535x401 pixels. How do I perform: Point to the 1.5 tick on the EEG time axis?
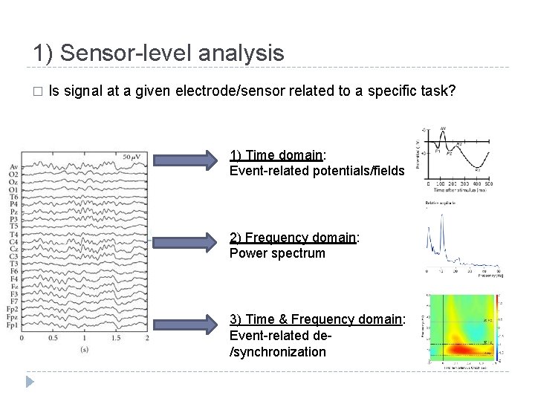pyautogui.click(x=116, y=339)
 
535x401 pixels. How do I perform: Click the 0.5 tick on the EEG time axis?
pyautogui.click(x=53, y=339)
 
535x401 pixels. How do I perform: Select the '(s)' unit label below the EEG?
pyautogui.click(x=85, y=349)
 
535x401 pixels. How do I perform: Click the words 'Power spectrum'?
pyautogui.click(x=277, y=253)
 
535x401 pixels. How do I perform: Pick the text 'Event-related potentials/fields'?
pyautogui.click(x=317, y=171)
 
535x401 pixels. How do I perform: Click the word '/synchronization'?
pyautogui.click(x=278, y=351)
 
